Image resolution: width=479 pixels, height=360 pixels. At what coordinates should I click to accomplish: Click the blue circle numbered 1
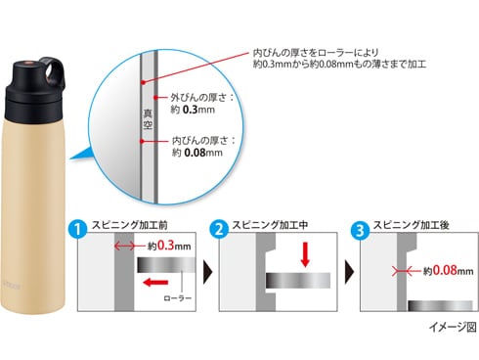(78, 229)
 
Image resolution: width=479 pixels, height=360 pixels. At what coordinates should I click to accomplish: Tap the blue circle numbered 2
(219, 229)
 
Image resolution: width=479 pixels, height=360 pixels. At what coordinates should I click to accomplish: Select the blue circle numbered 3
(360, 230)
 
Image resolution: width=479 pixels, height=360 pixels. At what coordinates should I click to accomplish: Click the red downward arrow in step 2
(305, 254)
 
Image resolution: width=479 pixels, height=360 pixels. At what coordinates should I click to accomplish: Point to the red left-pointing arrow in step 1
(155, 282)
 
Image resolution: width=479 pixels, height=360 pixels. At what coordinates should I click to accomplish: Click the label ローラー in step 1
(178, 298)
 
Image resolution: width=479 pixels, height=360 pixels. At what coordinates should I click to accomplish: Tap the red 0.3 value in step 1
(166, 246)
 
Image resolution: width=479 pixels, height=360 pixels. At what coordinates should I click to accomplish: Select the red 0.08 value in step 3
(445, 270)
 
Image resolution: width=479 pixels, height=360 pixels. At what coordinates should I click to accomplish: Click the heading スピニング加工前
(130, 225)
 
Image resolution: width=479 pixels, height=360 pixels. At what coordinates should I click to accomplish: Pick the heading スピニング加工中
(270, 225)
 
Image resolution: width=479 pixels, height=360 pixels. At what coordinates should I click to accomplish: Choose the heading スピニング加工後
(412, 225)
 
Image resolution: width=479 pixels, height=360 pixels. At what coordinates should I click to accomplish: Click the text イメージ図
(453, 327)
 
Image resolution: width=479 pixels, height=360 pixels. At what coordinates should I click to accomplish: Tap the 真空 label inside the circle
(148, 119)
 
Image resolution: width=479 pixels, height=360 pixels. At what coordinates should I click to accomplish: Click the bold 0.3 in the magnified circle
(191, 110)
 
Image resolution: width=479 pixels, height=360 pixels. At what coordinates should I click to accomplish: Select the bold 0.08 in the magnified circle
(195, 153)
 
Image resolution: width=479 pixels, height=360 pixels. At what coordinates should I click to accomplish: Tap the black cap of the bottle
(34, 93)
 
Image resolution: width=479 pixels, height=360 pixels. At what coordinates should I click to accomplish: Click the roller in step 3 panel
(440, 306)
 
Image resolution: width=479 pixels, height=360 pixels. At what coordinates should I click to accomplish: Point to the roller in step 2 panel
(298, 281)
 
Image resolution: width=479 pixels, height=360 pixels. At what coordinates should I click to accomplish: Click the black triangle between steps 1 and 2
(207, 271)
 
